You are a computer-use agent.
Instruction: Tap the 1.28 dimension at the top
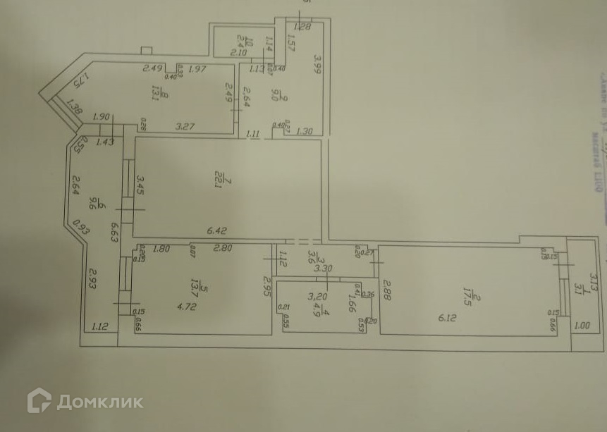coord(302,27)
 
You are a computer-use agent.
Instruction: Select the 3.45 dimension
coord(141,186)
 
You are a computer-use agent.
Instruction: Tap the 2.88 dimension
coord(386,291)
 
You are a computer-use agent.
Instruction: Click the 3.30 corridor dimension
coord(322,268)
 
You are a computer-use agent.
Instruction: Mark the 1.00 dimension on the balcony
coord(582,326)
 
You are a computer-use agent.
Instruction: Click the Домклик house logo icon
coord(39,401)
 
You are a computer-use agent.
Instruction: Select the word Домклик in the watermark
coord(99,402)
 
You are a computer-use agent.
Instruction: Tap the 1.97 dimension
coord(197,68)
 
